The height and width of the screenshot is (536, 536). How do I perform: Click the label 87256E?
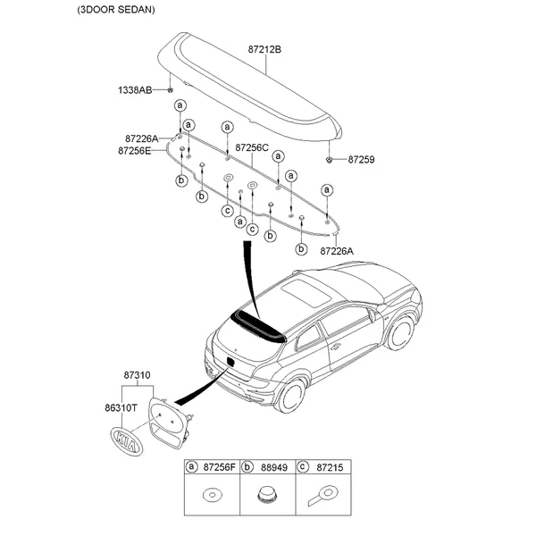click(135, 150)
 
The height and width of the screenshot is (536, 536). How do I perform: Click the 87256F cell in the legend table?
click(217, 467)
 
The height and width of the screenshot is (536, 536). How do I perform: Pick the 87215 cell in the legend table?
click(330, 467)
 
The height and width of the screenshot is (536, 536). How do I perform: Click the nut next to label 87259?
click(331, 159)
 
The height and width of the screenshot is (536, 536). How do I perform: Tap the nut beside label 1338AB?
click(170, 90)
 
